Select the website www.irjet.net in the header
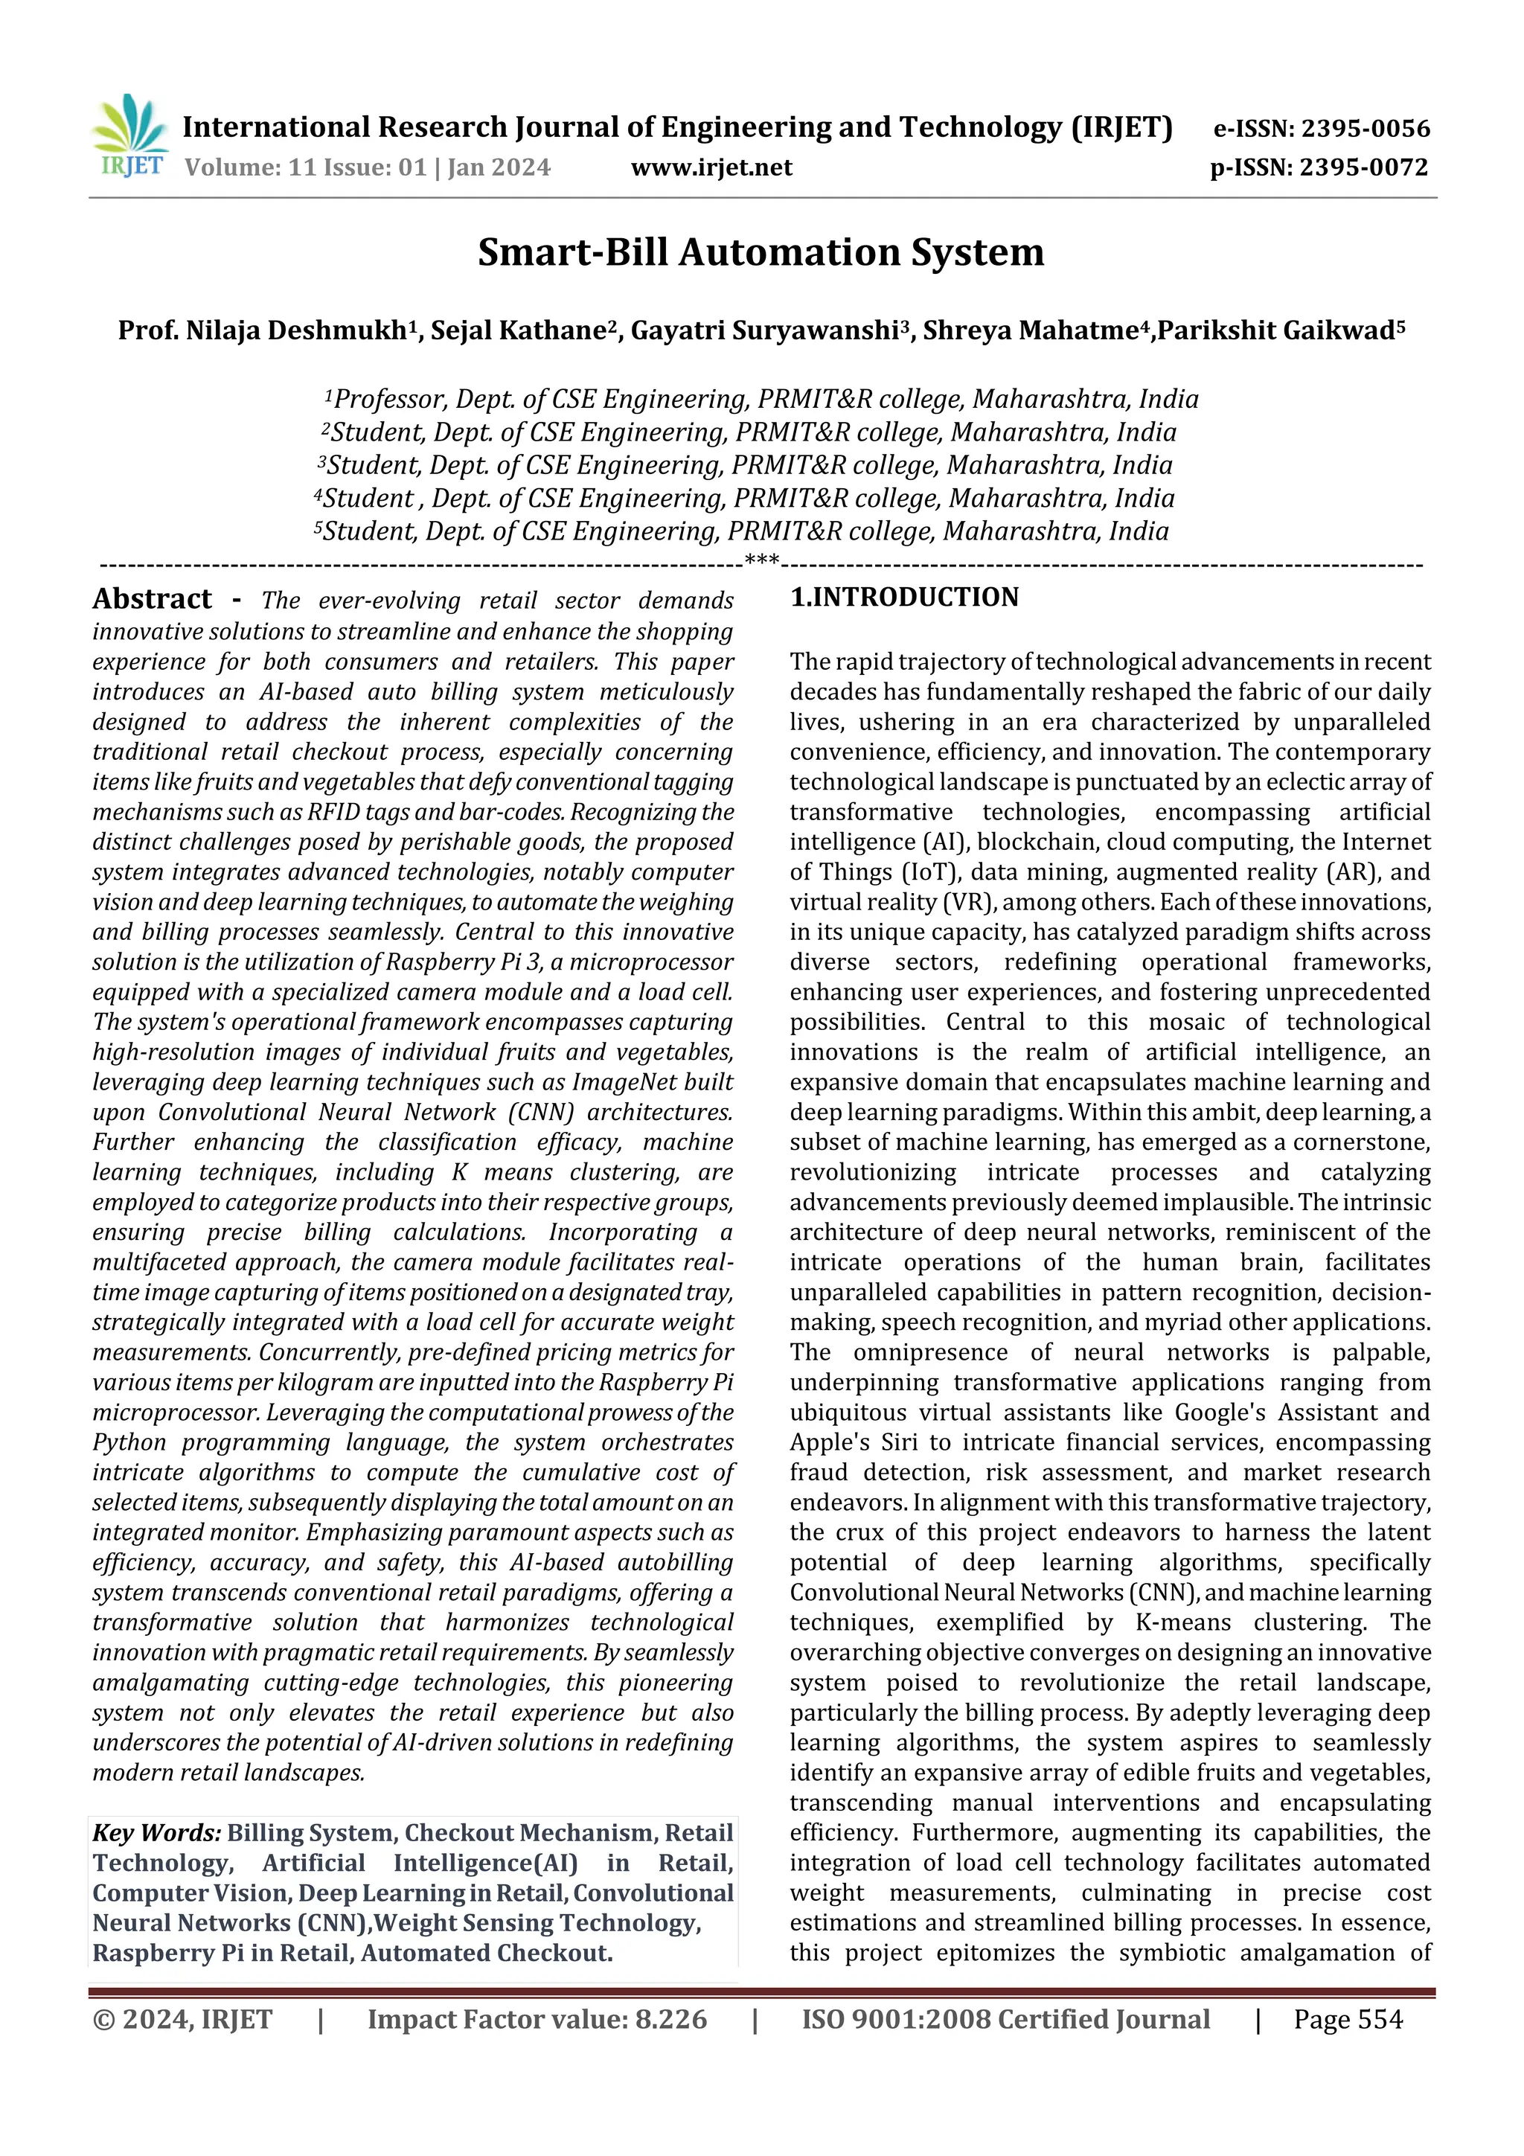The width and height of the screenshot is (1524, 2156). [711, 168]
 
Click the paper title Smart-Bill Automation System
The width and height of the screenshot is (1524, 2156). [761, 252]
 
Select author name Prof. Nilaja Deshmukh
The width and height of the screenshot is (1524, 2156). [262, 331]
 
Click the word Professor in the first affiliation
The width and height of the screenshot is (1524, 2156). [390, 400]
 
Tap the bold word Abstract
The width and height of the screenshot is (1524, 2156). [152, 599]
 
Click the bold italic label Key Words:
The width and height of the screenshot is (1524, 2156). [156, 1833]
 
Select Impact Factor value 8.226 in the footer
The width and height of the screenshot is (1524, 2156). [537, 2019]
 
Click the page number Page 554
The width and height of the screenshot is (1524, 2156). [1348, 2019]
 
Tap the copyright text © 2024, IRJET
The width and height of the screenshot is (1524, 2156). [182, 2019]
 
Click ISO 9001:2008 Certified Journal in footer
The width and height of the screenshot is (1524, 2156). [1005, 2019]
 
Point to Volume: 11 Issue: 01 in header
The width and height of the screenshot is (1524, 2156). [304, 168]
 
